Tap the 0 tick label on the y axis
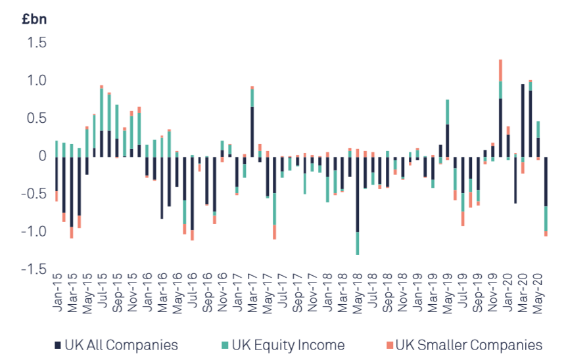pos(42,156)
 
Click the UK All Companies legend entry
pos(116,345)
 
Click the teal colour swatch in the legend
pos(225,346)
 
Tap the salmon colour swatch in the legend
pos(389,346)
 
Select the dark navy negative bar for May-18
pos(358,194)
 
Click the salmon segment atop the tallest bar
pos(501,70)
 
